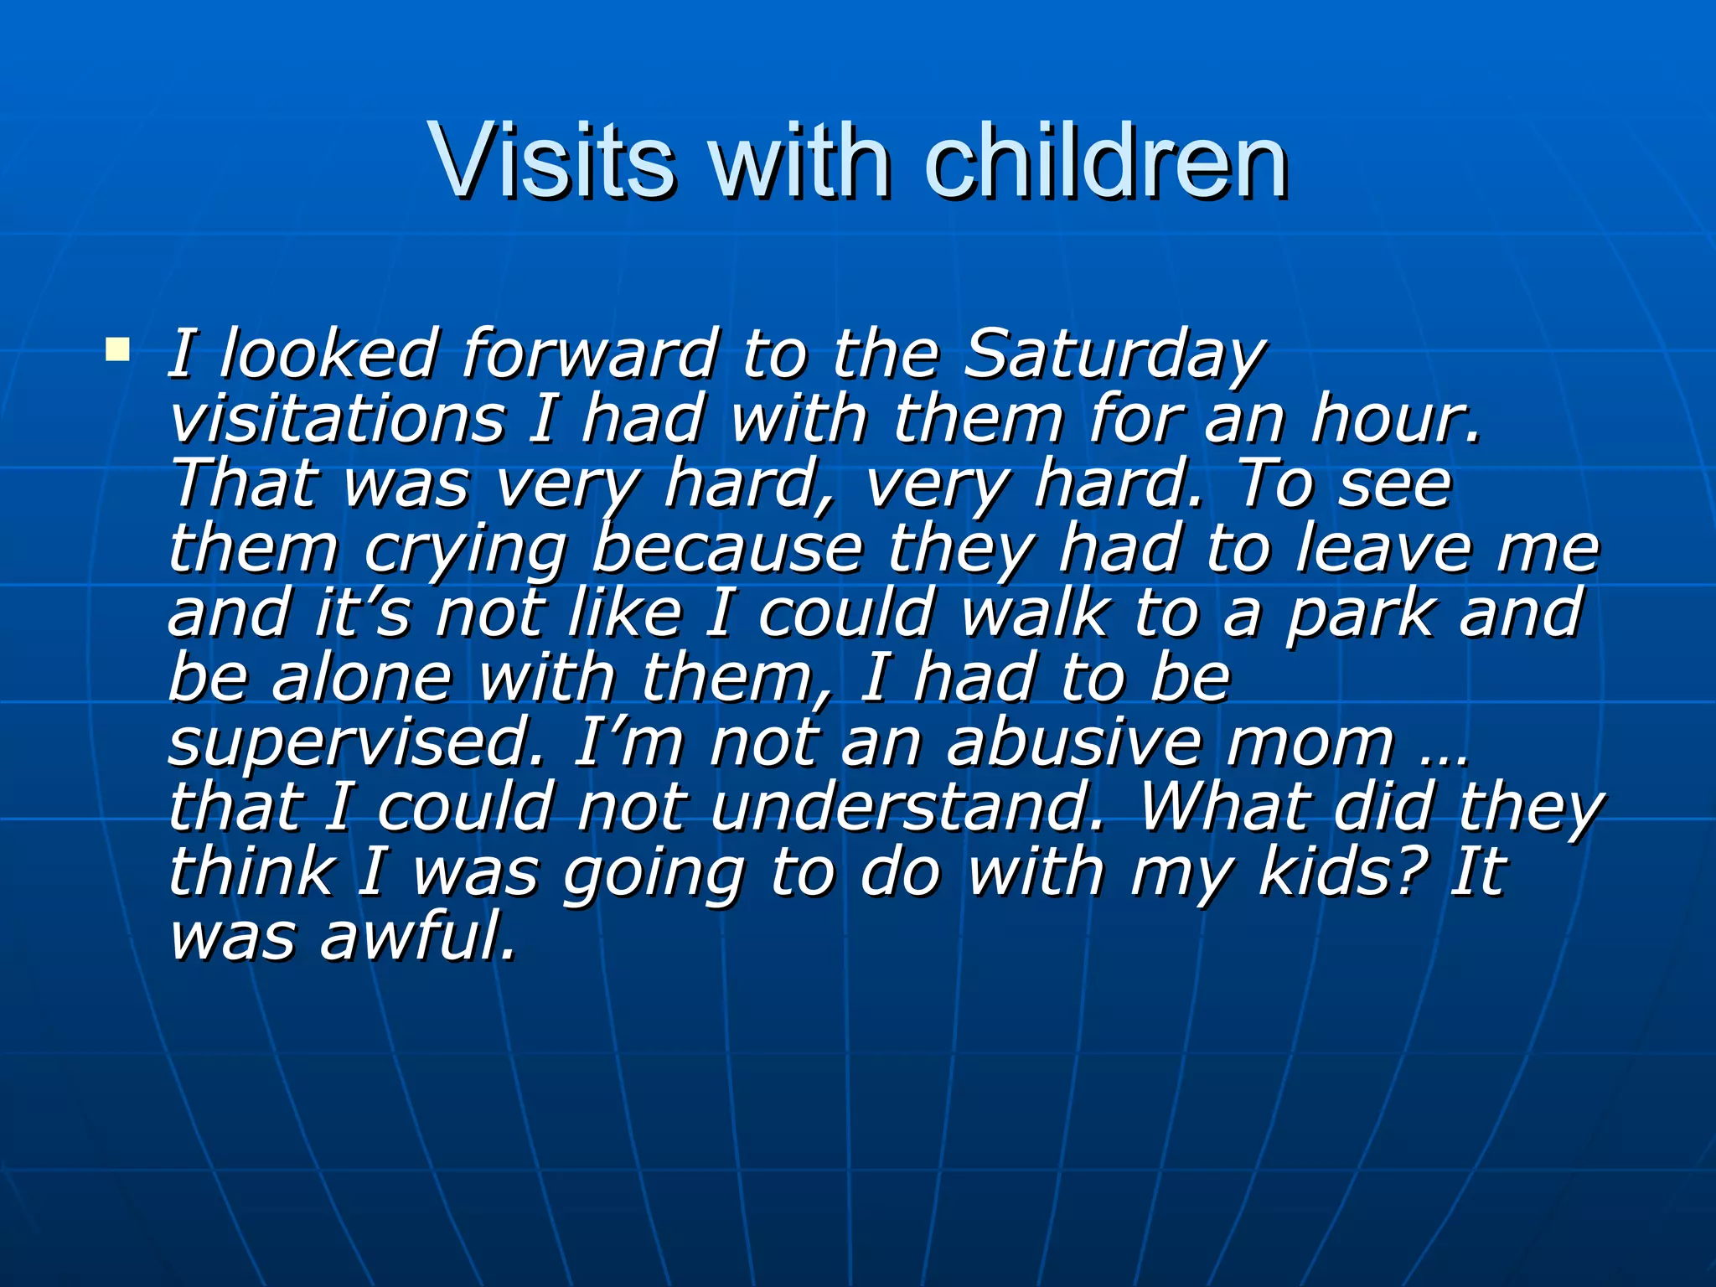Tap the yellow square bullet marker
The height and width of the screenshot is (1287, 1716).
(117, 349)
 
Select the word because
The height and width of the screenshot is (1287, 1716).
(727, 549)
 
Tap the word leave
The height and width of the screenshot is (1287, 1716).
(1383, 549)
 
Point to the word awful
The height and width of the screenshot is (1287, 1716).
(418, 937)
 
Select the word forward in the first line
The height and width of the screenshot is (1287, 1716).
(590, 354)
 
